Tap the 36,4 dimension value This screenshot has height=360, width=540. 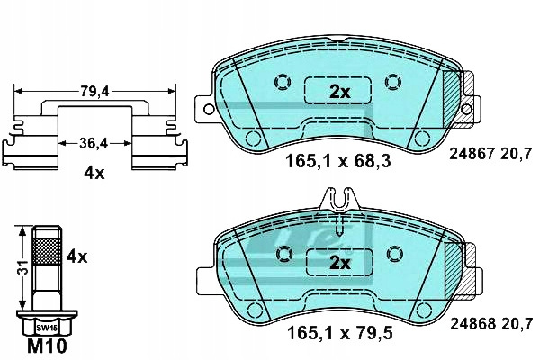[x=94, y=143]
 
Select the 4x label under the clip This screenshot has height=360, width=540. [x=94, y=174]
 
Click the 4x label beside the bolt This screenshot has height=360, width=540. [x=76, y=256]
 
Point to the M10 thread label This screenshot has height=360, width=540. [x=47, y=346]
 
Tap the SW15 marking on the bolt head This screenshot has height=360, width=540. [x=47, y=328]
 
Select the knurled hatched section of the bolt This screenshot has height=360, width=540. [x=47, y=251]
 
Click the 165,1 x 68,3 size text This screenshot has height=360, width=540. [x=338, y=161]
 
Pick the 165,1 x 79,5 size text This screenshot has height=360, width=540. [x=340, y=333]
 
